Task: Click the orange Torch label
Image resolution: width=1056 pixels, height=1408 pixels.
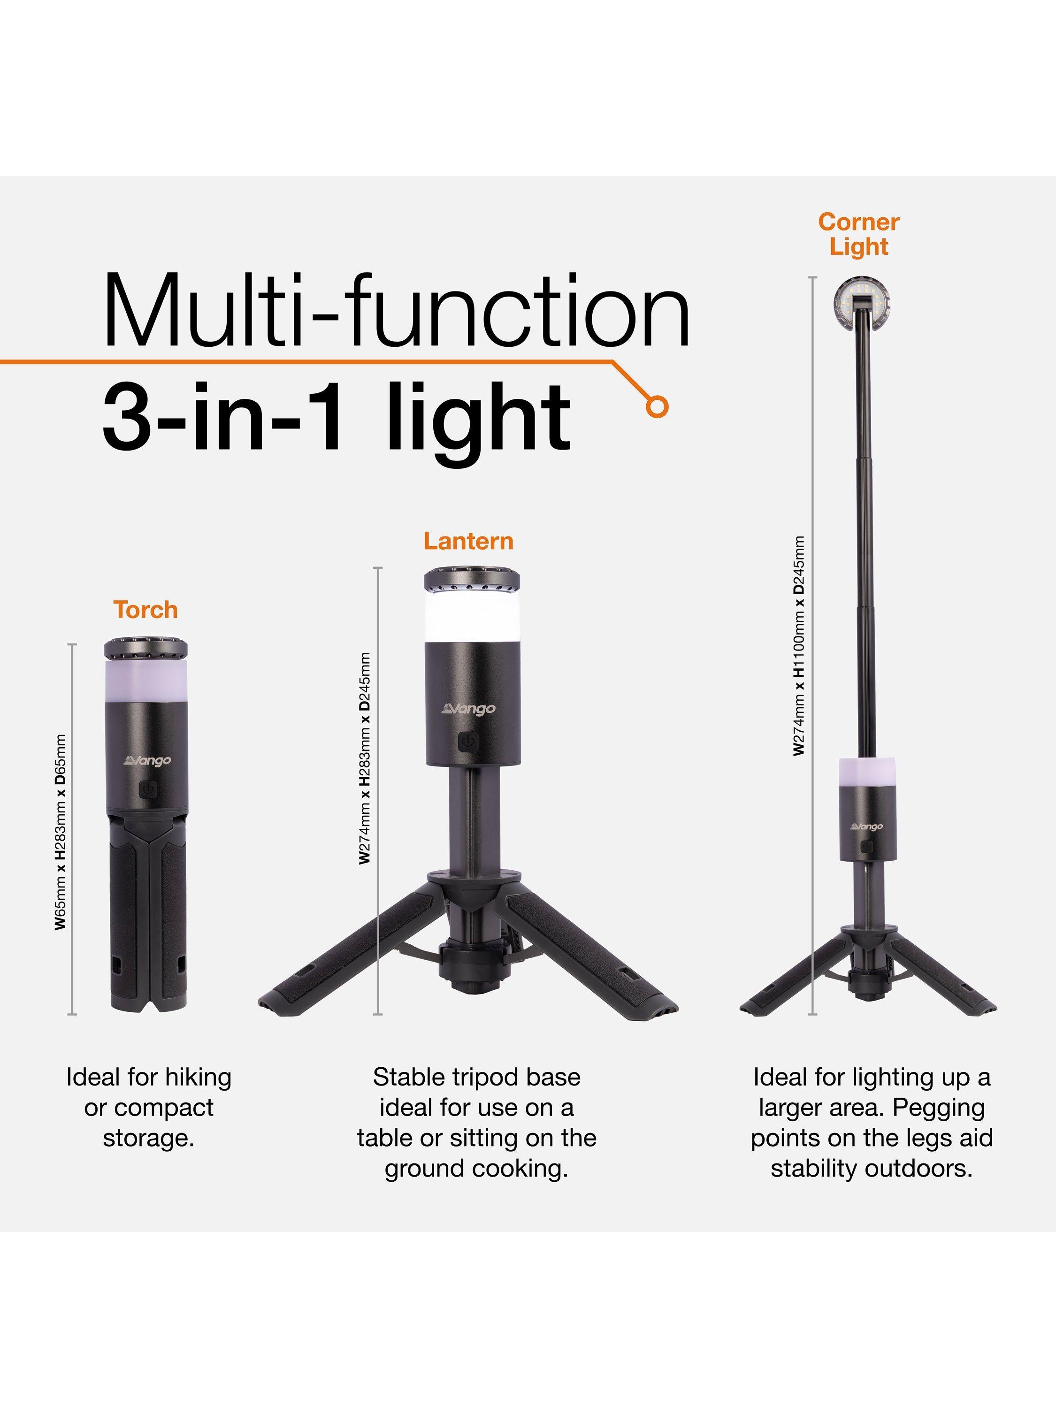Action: (146, 610)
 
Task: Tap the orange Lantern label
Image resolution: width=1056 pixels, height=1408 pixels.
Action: (468, 541)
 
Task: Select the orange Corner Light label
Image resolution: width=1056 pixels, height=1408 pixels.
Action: (859, 234)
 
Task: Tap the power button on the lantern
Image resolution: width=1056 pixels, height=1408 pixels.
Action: (468, 743)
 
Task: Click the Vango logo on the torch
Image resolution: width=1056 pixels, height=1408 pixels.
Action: (147, 761)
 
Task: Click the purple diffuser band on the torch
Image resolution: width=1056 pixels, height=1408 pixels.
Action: (146, 681)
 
